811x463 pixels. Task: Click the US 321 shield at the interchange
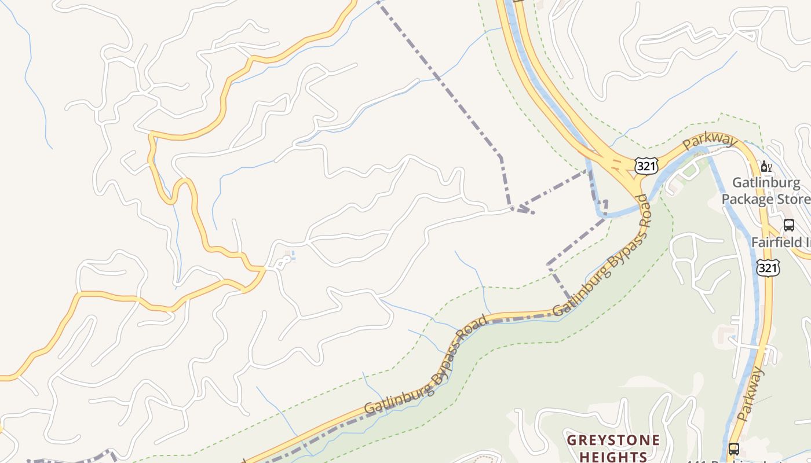(x=646, y=166)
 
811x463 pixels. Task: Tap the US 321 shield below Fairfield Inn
(x=768, y=267)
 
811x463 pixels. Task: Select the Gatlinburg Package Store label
(x=765, y=191)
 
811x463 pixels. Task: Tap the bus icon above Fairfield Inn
(x=788, y=225)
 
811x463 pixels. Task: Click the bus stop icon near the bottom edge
(x=733, y=449)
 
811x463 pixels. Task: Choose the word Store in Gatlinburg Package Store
(x=790, y=200)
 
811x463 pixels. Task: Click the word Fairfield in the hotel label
(x=775, y=242)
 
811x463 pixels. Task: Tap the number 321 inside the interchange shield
(x=646, y=167)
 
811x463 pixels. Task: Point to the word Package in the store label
(x=745, y=200)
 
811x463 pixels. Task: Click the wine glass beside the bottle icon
(x=770, y=168)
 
